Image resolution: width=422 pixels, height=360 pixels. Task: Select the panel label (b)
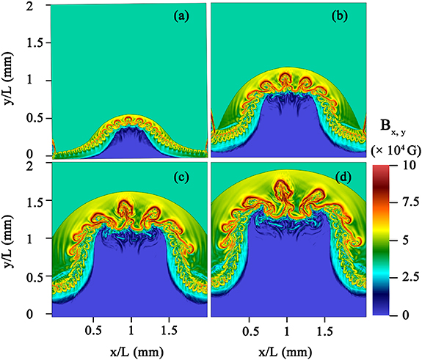click(341, 15)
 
